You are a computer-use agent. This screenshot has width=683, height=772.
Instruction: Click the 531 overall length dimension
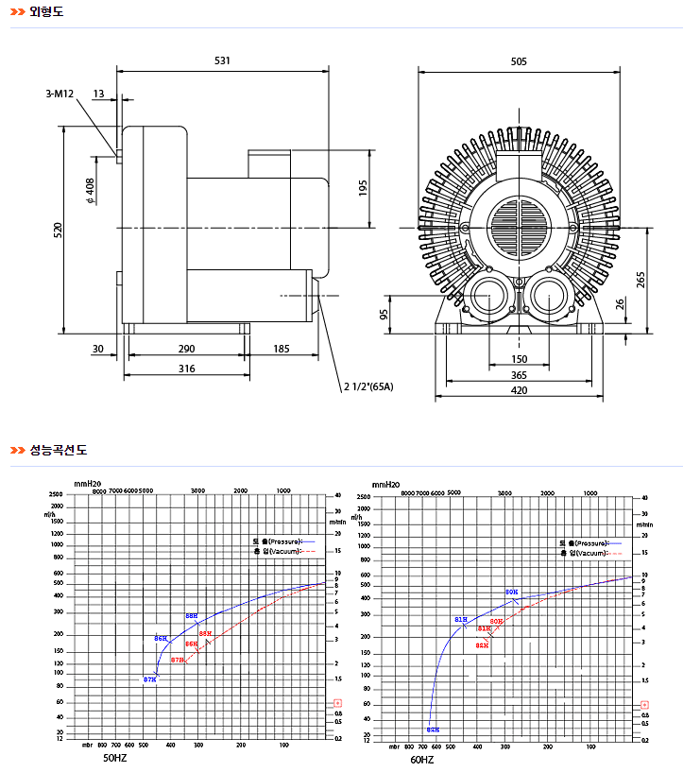coord(222,60)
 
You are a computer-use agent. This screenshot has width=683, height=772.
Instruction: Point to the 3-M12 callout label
coord(60,94)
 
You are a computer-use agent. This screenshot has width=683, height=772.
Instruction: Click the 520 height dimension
coord(58,229)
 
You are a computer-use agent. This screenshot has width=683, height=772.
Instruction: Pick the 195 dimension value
coord(363,188)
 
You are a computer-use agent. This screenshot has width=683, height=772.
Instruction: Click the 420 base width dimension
coord(519,390)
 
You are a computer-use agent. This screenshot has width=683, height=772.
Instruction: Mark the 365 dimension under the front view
coord(519,375)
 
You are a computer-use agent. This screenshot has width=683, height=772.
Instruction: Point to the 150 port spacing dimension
coord(519,359)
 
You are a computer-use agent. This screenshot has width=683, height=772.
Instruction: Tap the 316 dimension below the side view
coord(187,369)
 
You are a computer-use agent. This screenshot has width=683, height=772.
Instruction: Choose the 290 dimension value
coord(186,350)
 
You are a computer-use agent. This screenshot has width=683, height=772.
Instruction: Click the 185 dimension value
coord(282,350)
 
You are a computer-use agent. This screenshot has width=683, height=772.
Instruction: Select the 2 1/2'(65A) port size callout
coord(367,386)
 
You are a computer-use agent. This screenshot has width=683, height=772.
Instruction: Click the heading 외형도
coord(46,12)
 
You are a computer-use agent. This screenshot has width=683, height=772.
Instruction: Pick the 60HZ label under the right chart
coord(422,759)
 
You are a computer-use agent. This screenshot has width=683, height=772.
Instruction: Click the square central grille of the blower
coord(519,227)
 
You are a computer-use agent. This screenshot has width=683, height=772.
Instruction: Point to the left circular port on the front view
coord(489,296)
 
